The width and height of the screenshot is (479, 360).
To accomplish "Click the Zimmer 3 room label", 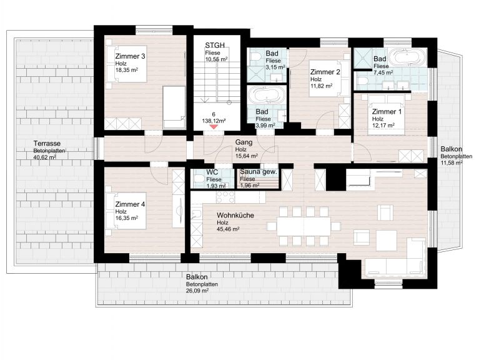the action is click(x=130, y=56).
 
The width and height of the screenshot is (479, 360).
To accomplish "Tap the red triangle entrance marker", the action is click(x=214, y=126).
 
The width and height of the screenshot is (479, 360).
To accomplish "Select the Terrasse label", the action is click(x=47, y=143).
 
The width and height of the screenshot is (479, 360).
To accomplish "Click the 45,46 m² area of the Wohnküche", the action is click(x=228, y=229).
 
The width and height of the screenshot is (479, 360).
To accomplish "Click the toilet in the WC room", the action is click(x=199, y=178).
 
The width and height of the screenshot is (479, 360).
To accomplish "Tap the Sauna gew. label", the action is click(x=259, y=172).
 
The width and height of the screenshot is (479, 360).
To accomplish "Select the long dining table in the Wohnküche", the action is click(x=304, y=226).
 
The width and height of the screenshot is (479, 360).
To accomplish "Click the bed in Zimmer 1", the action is click(x=387, y=114).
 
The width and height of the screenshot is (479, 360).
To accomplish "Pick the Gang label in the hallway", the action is click(x=244, y=142).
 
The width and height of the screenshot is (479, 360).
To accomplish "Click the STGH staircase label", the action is click(x=215, y=45).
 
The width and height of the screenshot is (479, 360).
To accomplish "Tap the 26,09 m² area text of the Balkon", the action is click(x=197, y=291).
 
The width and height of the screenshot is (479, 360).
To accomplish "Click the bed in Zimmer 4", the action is click(x=126, y=211).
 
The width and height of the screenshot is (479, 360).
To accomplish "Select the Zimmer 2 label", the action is click(x=325, y=72).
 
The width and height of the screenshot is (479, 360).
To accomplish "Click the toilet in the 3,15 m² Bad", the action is click(x=255, y=56).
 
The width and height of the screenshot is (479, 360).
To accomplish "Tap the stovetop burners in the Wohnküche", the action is click(x=225, y=197).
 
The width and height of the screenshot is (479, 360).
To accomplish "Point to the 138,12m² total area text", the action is click(x=214, y=121).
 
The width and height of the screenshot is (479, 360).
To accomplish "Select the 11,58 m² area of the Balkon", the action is click(x=452, y=163).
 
